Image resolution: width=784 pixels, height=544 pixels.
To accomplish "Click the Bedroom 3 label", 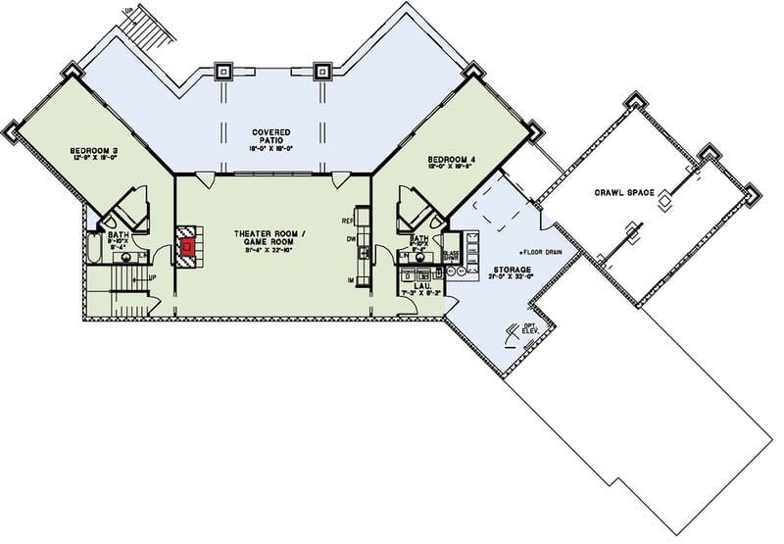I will (93, 151).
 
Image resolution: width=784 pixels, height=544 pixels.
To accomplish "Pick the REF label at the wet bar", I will (347, 222).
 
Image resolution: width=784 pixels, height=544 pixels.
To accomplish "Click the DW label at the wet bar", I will (348, 239).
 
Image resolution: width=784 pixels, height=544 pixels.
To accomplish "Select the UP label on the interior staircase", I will (152, 277).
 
